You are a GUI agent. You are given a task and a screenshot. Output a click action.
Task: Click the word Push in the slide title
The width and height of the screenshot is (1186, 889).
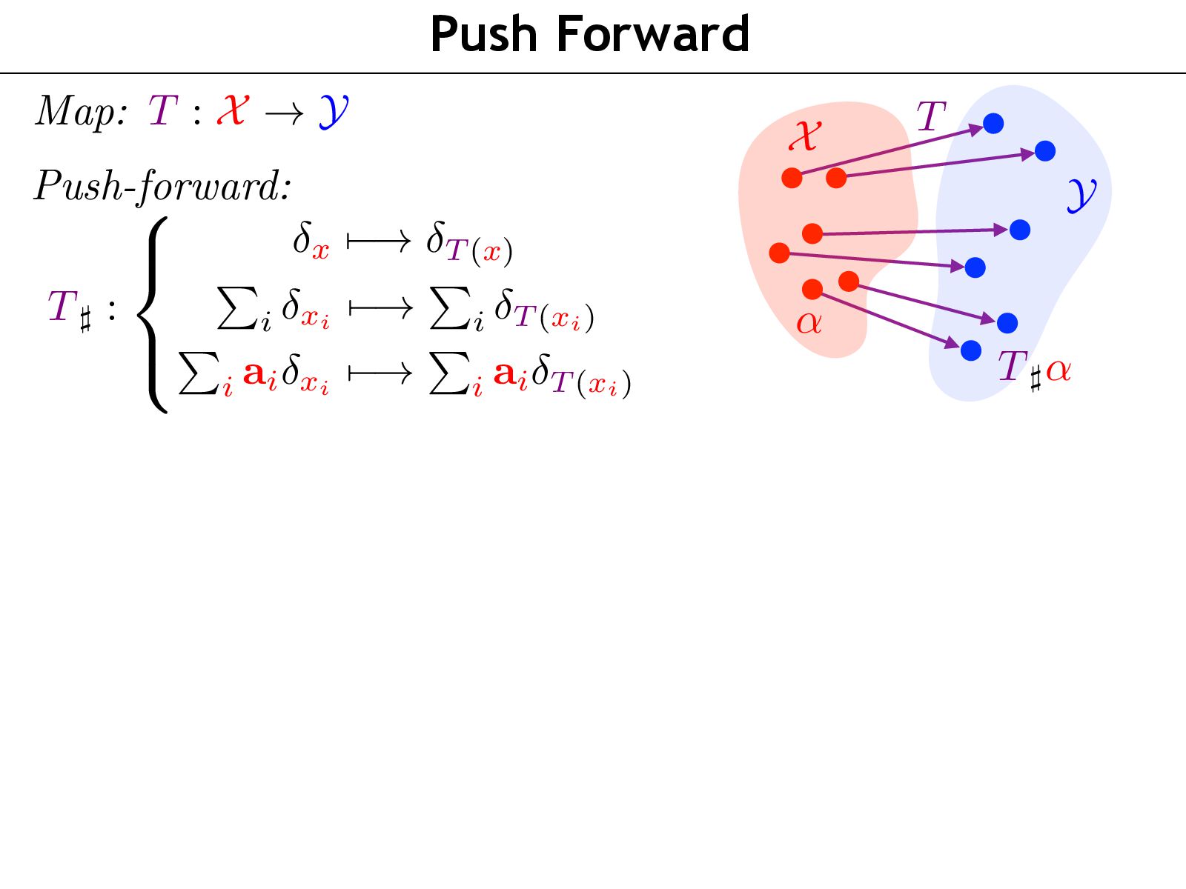(x=483, y=35)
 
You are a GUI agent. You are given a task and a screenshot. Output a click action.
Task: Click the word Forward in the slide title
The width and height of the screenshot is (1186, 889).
(x=653, y=35)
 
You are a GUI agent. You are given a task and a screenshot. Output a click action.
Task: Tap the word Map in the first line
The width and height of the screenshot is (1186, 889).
(x=80, y=113)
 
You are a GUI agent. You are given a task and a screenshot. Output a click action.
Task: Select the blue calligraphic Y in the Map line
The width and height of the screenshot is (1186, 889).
(x=334, y=113)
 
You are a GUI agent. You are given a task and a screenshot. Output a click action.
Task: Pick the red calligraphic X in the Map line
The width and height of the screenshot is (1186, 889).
(x=232, y=111)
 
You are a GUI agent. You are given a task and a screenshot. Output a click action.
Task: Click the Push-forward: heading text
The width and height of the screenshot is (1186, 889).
(x=162, y=185)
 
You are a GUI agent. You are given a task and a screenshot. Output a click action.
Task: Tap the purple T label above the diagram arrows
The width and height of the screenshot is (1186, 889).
(x=931, y=117)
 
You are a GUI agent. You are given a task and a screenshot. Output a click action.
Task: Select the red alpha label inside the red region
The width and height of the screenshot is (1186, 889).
(x=809, y=323)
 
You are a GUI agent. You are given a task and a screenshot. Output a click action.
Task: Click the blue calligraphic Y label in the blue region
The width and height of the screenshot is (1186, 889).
(x=1081, y=194)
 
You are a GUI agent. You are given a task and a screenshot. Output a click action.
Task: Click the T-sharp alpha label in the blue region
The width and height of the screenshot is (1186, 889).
(x=1034, y=368)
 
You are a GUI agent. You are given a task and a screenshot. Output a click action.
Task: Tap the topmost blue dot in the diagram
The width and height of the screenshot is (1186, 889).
(x=993, y=124)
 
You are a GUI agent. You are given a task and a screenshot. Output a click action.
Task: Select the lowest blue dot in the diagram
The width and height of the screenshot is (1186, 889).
(x=971, y=350)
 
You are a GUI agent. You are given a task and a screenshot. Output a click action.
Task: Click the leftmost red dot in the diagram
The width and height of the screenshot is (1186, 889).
(x=779, y=253)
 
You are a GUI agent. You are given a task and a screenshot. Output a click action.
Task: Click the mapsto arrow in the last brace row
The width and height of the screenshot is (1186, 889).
(x=380, y=374)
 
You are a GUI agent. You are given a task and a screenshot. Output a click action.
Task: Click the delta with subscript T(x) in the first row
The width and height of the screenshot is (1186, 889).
(x=468, y=244)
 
